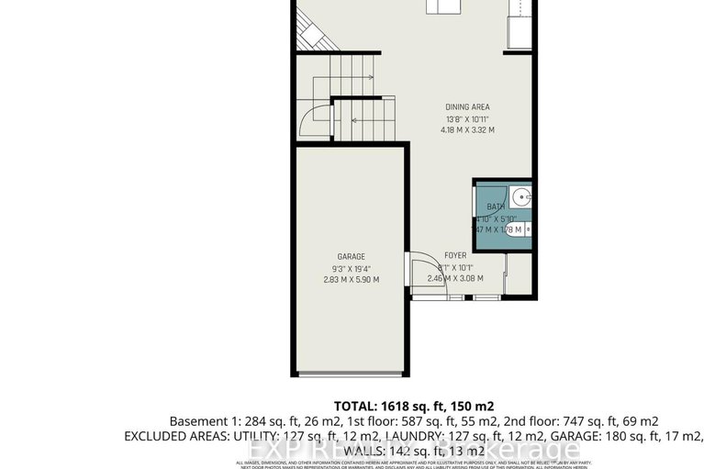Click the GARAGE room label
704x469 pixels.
351,256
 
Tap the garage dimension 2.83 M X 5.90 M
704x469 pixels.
351,280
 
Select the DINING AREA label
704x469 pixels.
468,107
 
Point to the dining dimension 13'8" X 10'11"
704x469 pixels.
468,119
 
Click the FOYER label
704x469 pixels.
456,256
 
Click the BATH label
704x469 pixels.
496,207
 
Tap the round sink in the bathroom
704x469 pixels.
520,195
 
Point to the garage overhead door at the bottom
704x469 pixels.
351,374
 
